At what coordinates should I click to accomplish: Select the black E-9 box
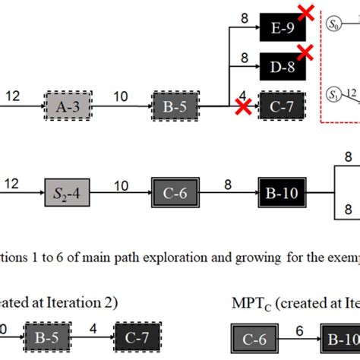[283, 29]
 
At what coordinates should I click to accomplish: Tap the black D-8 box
[283, 67]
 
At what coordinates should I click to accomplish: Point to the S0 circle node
[333, 25]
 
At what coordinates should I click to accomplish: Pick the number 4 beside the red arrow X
[242, 95]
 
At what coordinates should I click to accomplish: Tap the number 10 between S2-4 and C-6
[122, 180]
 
